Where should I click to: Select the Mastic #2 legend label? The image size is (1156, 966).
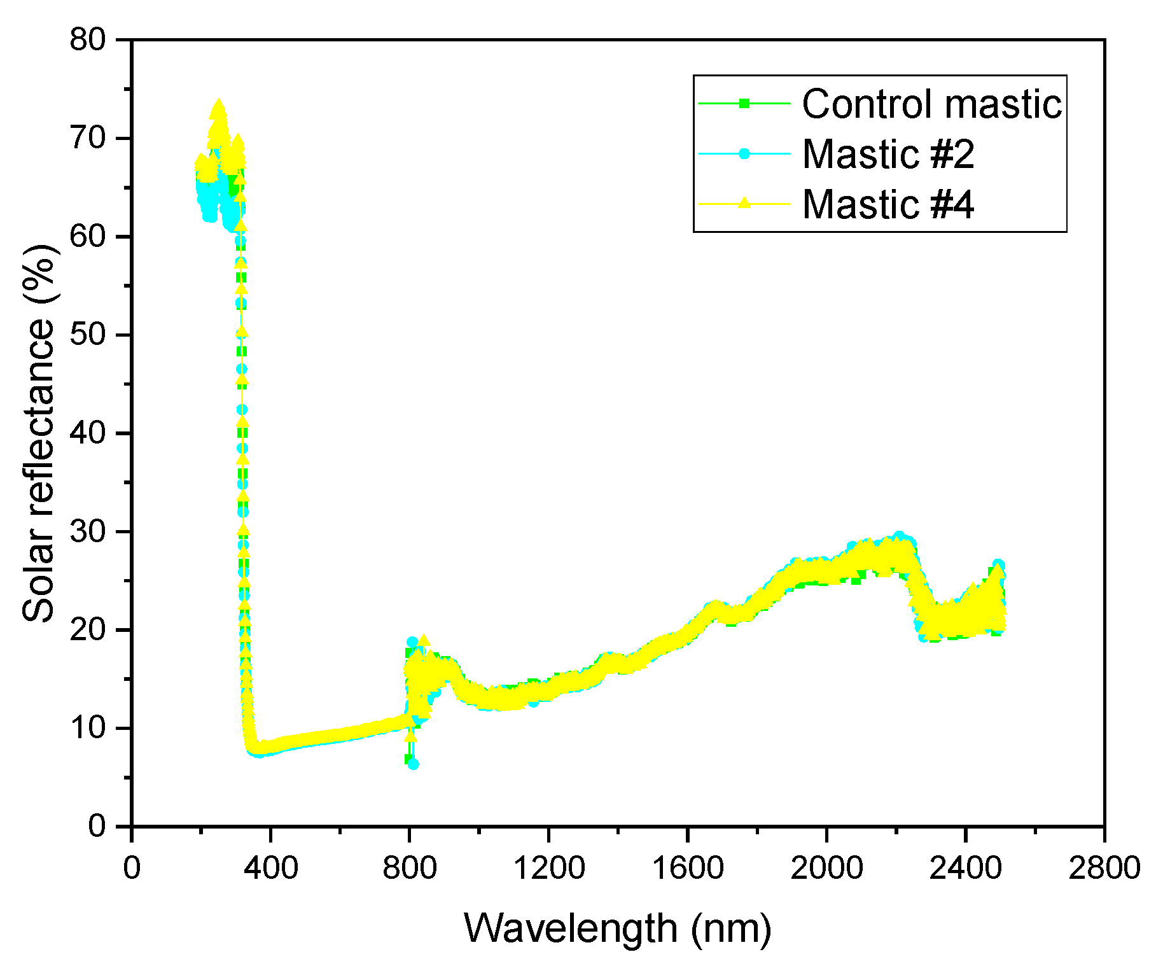click(888, 153)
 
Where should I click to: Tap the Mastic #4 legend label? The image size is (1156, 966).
click(888, 204)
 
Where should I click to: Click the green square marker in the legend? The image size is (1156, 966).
click(744, 103)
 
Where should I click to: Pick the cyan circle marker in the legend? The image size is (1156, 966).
click(744, 153)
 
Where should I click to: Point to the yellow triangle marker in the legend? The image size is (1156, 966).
click(744, 204)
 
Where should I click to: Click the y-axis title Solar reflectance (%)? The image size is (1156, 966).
click(38, 433)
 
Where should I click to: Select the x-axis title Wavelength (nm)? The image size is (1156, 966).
click(617, 927)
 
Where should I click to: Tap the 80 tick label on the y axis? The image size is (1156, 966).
click(88, 40)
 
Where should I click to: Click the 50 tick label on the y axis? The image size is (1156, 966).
click(88, 335)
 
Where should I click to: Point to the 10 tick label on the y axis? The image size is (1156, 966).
click(88, 728)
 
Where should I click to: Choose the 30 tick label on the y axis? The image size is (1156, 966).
click(88, 531)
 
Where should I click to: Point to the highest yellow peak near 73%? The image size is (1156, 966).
click(218, 106)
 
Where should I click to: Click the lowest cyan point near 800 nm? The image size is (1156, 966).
click(413, 764)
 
